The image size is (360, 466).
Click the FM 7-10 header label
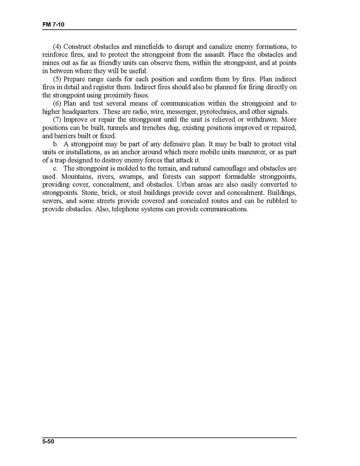pos(53,25)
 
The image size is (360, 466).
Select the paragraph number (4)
pos(57,47)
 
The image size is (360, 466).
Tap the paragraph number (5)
pos(57,80)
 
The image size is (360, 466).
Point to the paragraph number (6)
pos(57,104)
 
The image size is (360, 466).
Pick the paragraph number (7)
pos(57,120)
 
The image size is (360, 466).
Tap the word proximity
pos(110,95)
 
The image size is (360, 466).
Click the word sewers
pos(53,201)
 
